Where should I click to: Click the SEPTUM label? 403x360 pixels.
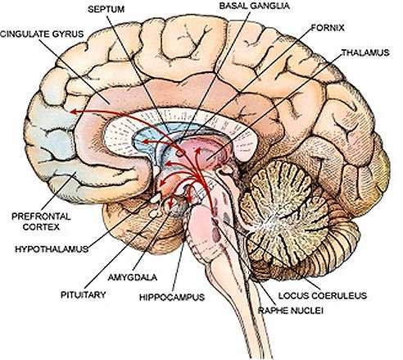[106, 9]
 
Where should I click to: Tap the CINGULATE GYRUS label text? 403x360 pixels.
[42, 34]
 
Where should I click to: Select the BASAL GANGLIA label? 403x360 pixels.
[254, 6]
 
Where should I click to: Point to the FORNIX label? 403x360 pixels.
[328, 28]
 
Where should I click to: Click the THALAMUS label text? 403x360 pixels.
[365, 52]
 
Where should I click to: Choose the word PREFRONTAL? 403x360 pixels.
[41, 216]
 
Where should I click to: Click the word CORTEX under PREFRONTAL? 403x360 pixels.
[41, 227]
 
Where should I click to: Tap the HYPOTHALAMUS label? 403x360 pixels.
[52, 249]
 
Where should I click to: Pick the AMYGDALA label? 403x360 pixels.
[133, 277]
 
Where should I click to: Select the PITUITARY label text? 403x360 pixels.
[83, 295]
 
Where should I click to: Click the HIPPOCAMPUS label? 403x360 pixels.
[172, 297]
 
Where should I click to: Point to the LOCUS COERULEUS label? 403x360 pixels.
[323, 295]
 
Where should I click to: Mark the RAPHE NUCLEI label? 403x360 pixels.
[291, 311]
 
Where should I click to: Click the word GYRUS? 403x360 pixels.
[70, 34]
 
